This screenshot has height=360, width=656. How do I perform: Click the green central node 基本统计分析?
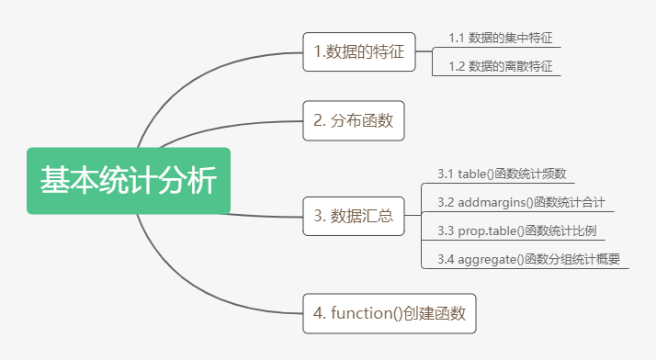pyautogui.click(x=128, y=180)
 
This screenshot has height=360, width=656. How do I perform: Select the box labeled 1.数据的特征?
pyautogui.click(x=358, y=51)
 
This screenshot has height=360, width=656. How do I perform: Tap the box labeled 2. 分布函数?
pyautogui.click(x=354, y=119)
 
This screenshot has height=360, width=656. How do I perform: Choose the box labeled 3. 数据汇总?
pyautogui.click(x=354, y=216)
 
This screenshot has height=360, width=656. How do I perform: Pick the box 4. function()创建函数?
pyautogui.click(x=390, y=313)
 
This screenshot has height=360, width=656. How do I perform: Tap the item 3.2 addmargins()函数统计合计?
pyautogui.click(x=520, y=202)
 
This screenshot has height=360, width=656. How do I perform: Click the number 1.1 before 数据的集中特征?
pyautogui.click(x=457, y=38)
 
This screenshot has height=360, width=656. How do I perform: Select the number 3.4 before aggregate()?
pyautogui.click(x=447, y=259)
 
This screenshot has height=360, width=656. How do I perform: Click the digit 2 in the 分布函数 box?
pyautogui.click(x=317, y=119)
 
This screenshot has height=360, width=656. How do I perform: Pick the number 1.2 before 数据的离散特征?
pyautogui.click(x=457, y=66)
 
